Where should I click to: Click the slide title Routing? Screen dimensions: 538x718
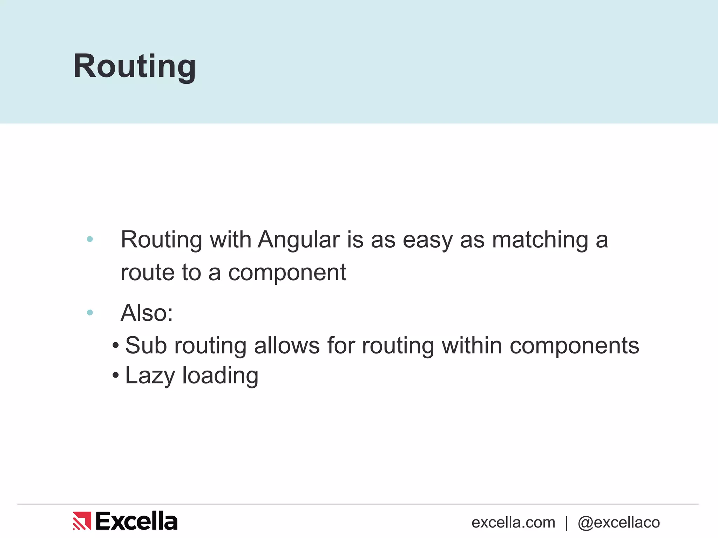[x=134, y=67]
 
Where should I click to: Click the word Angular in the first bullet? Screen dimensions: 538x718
[x=299, y=240]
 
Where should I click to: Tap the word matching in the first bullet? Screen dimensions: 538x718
[x=540, y=241]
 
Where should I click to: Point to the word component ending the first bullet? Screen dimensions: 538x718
[x=287, y=273]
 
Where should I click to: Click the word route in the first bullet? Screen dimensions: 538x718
[x=147, y=273]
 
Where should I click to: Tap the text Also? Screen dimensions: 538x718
[x=147, y=312]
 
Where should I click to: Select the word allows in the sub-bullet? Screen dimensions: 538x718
[x=287, y=345]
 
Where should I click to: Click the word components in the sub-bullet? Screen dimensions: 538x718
[x=574, y=346]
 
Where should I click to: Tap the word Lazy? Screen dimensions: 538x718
[x=150, y=376]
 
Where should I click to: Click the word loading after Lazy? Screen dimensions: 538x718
[x=220, y=376]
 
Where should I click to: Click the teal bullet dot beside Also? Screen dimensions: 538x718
[x=90, y=312]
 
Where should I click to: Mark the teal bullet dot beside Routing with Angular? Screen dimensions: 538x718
[x=90, y=239]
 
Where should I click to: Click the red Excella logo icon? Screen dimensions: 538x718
[x=82, y=521]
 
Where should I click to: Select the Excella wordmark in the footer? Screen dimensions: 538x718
[x=136, y=521]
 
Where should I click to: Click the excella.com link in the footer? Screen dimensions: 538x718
[x=513, y=523]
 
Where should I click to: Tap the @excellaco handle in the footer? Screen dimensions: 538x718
[x=619, y=523]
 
